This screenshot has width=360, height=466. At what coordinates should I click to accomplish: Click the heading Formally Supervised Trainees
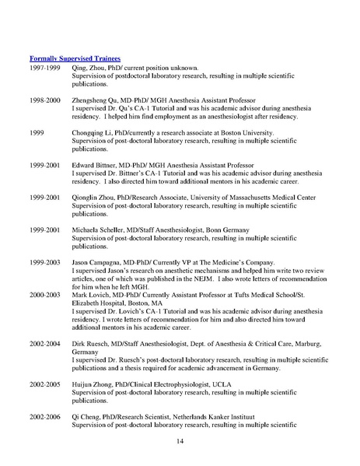(x=79, y=58)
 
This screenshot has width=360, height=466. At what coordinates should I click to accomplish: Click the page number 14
(x=180, y=443)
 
